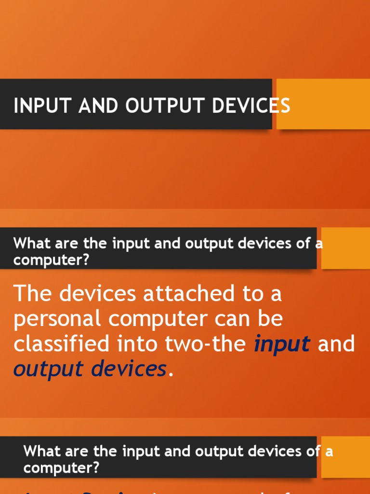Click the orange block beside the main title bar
(323, 104)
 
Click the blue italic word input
(282, 344)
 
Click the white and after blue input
(337, 344)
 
